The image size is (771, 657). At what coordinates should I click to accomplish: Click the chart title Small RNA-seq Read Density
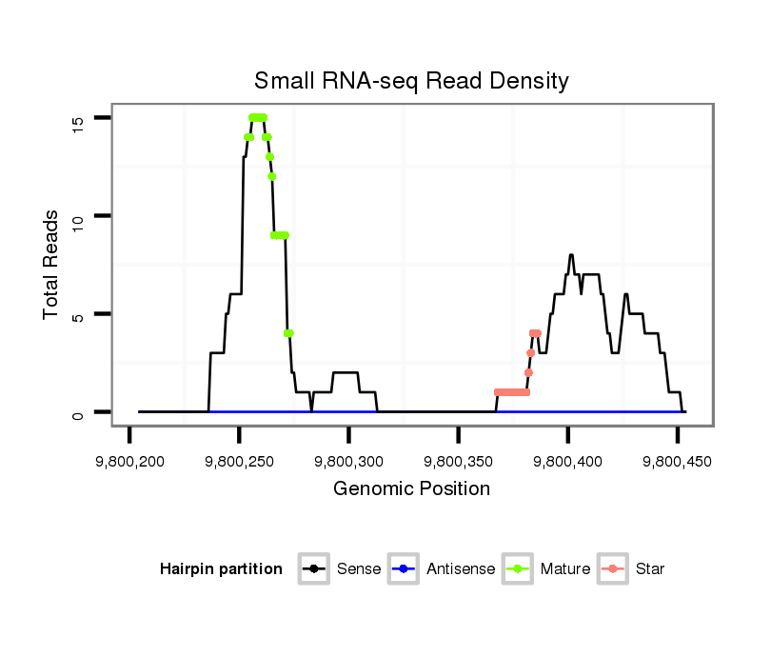tap(411, 81)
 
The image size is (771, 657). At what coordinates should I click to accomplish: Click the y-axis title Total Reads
tap(51, 265)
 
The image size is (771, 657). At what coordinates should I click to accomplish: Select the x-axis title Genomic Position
tap(411, 489)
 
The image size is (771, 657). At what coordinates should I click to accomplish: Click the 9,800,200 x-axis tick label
tap(129, 462)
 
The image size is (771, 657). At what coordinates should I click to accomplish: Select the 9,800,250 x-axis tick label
tap(239, 462)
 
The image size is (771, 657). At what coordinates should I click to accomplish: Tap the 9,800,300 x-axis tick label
tap(348, 462)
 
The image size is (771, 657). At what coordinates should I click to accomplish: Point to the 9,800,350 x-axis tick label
tap(458, 462)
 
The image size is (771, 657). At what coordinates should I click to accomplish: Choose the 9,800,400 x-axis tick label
tap(567, 462)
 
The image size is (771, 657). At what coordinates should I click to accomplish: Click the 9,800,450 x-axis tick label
tap(677, 462)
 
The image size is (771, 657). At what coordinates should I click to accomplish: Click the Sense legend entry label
tap(359, 569)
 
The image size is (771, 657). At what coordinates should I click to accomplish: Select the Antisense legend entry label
tap(461, 569)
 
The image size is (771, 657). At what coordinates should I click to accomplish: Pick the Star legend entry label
tap(650, 569)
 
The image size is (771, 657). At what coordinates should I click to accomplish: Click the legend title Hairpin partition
tap(221, 569)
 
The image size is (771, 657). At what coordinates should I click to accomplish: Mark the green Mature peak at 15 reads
tap(257, 117)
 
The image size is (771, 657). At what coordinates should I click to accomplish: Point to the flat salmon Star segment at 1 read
tap(512, 392)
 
